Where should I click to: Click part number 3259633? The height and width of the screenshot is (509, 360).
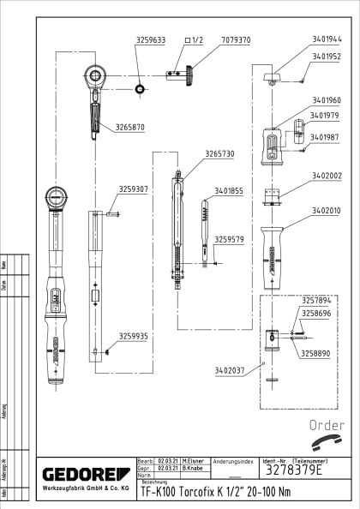(x=151, y=39)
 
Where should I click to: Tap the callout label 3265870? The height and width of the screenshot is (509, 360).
(x=126, y=127)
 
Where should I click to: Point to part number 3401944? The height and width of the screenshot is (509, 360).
(x=327, y=39)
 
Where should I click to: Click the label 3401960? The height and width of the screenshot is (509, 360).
(x=327, y=99)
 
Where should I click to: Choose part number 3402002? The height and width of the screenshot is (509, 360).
(x=327, y=176)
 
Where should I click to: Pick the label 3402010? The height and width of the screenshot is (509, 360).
(x=327, y=210)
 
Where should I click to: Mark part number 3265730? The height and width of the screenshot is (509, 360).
(x=219, y=153)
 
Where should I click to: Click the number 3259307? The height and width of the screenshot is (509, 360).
(x=134, y=189)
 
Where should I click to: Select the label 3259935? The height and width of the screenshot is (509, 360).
(x=134, y=336)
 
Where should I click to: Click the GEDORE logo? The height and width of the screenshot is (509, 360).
(x=83, y=474)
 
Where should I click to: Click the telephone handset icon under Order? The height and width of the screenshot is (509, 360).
(x=327, y=440)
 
